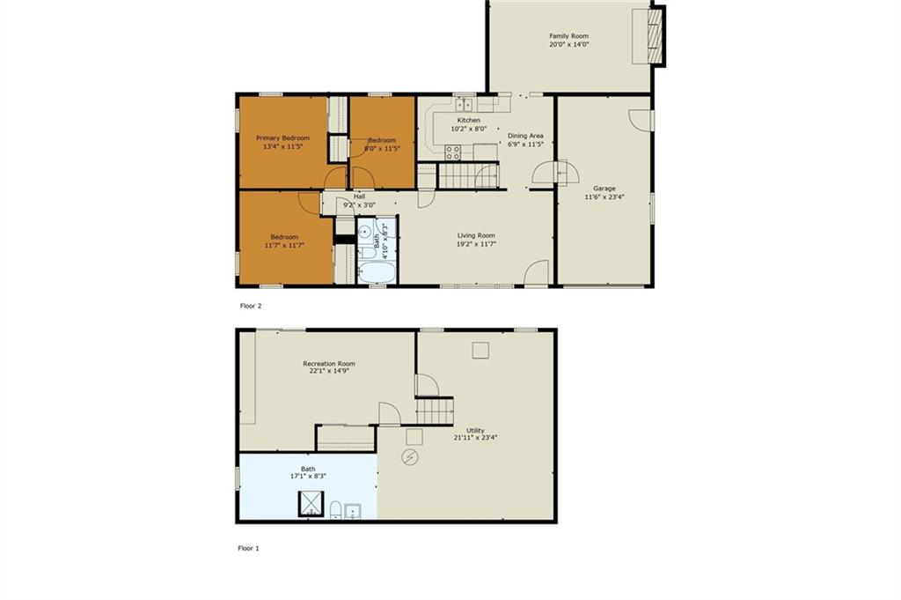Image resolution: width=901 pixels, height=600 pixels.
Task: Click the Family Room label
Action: coord(568,35)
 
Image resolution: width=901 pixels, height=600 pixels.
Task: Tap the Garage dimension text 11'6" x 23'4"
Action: coord(604,196)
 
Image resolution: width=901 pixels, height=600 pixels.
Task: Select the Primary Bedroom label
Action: coord(282,138)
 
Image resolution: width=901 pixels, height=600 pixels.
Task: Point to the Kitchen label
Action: coord(468,120)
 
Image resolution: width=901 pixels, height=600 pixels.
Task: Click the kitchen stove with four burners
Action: coord(453,152)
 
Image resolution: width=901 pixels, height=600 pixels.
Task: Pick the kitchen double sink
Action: coord(465,105)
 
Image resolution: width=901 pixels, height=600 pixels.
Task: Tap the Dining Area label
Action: coord(525,136)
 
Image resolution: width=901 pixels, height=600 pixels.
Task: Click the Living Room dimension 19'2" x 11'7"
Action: coord(476,244)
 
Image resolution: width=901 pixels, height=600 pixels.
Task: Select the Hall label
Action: coord(359,196)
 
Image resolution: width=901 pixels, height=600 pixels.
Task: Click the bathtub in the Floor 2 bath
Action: coord(377,272)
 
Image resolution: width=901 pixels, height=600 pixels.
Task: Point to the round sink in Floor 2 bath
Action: coord(364,233)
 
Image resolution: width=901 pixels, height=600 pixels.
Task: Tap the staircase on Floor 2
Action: coord(468,175)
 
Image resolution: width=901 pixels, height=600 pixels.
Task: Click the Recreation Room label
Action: coord(329,364)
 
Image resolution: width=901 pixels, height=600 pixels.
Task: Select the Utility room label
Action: coord(475,430)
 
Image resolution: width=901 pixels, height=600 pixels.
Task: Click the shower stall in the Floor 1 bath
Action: coord(311,504)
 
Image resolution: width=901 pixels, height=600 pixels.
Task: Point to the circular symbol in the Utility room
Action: coord(410,457)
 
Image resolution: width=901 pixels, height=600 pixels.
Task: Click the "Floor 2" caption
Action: coord(251,306)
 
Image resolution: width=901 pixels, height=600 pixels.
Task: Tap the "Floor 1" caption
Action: coord(248,548)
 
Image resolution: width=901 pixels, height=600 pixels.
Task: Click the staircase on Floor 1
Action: coord(435,411)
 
